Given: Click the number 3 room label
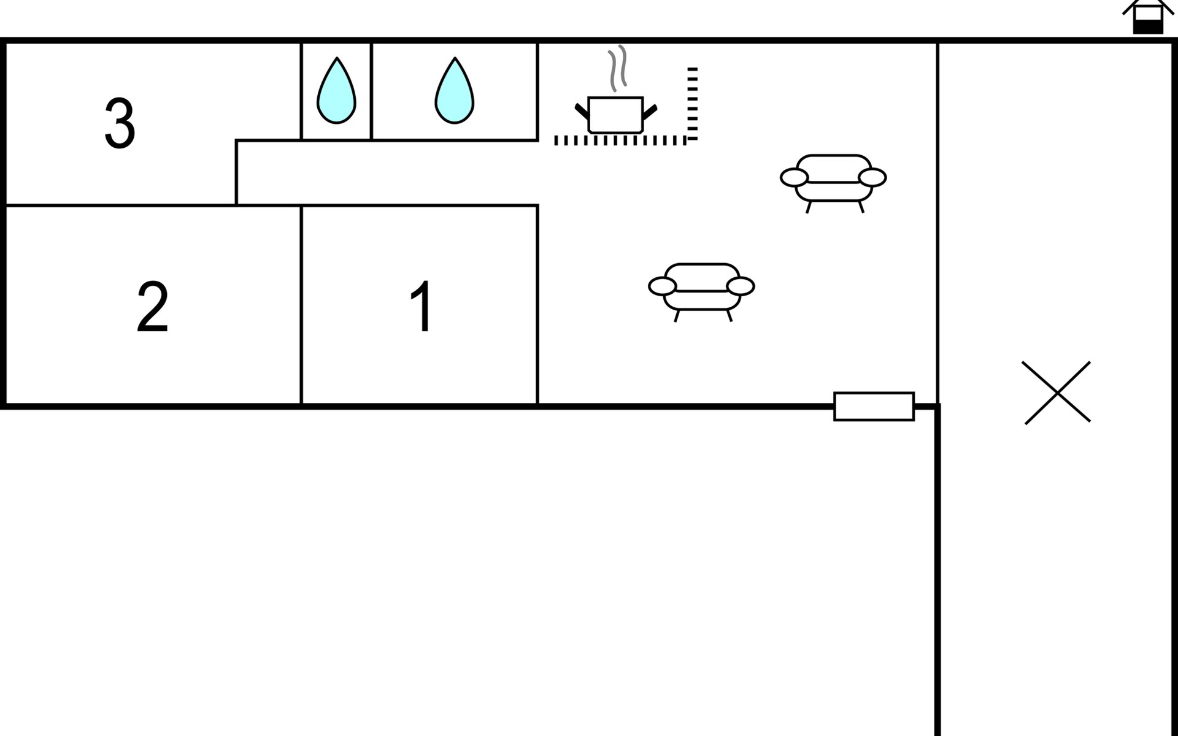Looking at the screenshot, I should coord(120,123).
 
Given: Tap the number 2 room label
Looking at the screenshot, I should coord(152,307).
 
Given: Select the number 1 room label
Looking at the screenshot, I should coord(422,306).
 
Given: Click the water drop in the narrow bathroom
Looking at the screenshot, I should coord(336,92).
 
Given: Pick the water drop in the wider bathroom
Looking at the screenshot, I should coord(454,92).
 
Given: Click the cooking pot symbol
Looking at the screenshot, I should coord(615,115).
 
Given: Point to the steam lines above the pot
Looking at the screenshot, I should coord(617,67).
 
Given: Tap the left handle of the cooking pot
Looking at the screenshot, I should coord(581,112).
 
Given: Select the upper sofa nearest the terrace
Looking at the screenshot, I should coord(833,178).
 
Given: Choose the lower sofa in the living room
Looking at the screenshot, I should coord(701,286).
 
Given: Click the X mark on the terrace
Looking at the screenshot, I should coord(1057,393).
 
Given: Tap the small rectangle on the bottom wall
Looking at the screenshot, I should coord(874,406).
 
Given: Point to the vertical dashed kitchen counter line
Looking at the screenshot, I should coord(693,103).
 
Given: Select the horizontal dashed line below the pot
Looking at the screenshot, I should coord(620,140).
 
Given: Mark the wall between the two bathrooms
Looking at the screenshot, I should coord(371,92).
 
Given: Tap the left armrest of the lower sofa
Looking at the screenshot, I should coord(662,286).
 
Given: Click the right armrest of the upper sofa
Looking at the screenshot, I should coord(872,177).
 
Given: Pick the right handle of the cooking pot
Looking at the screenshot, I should coord(650,112).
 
